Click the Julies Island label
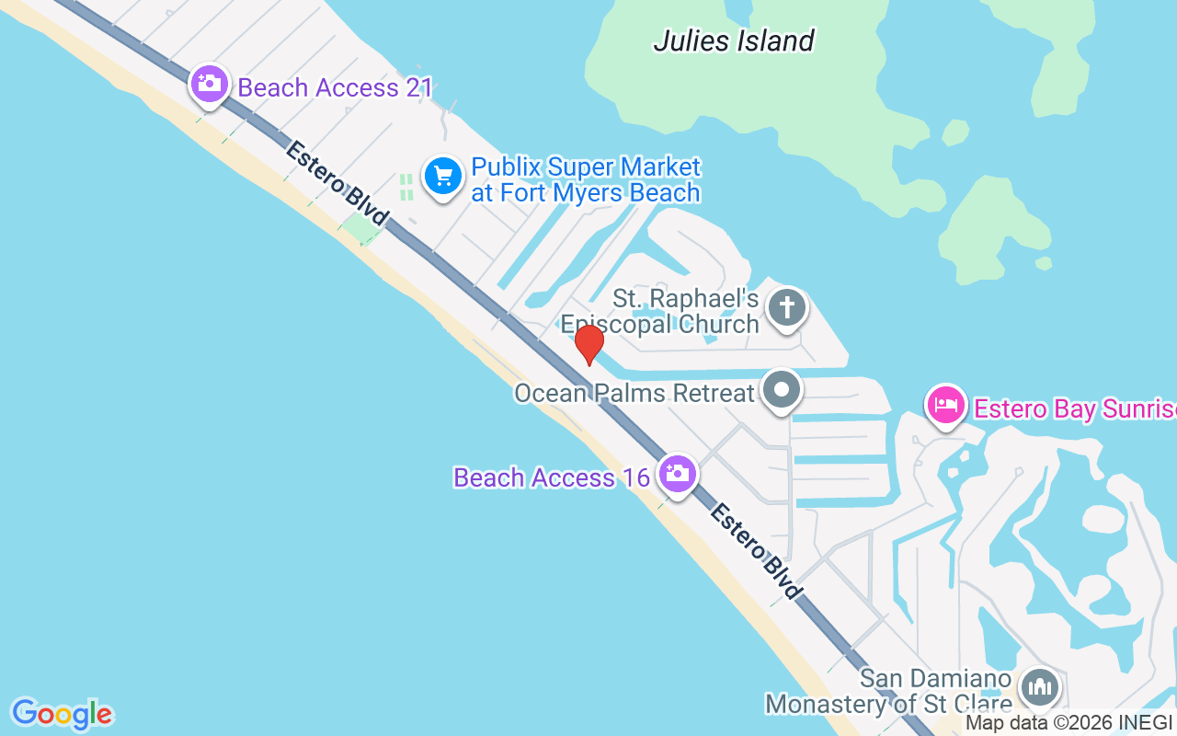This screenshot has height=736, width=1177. point(734,40)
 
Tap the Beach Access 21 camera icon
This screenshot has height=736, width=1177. point(210,85)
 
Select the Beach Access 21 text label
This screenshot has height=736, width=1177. point(335,88)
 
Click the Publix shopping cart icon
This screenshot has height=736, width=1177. point(443,175)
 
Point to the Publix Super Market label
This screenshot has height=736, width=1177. point(586,180)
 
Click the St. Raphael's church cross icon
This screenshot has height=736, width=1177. point(787,307)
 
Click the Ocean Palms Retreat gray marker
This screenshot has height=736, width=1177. point(782,390)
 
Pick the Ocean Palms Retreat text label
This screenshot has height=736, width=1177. point(634,394)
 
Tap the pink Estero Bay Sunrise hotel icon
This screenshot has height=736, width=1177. point(946,405)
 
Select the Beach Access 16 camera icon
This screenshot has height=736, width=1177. point(678,474)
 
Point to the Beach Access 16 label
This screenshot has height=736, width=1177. point(553,477)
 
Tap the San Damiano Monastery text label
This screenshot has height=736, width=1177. point(888,692)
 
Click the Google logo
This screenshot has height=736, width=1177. point(62,714)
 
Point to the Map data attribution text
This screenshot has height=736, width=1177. point(1068,723)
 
